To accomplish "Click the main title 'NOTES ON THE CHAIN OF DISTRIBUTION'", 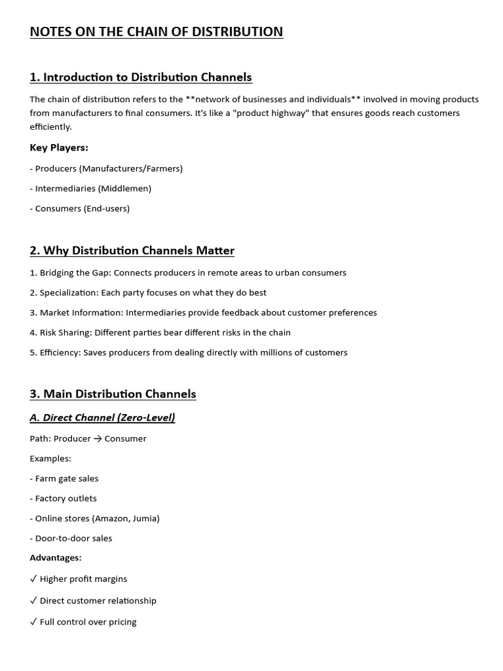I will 157,31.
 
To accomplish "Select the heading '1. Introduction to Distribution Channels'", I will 141,77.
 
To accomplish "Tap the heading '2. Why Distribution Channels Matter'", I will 132,250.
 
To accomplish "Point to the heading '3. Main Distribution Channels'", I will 113,394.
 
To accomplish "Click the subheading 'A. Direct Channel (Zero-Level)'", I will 102,417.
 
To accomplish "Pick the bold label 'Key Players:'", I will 59,147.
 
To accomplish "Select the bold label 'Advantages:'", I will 56,558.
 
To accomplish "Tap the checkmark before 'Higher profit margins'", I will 33,579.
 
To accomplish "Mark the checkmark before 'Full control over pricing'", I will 33,622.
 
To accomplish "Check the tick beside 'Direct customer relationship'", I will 33,601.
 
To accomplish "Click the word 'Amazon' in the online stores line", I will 113,518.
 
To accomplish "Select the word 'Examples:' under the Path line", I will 50,458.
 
